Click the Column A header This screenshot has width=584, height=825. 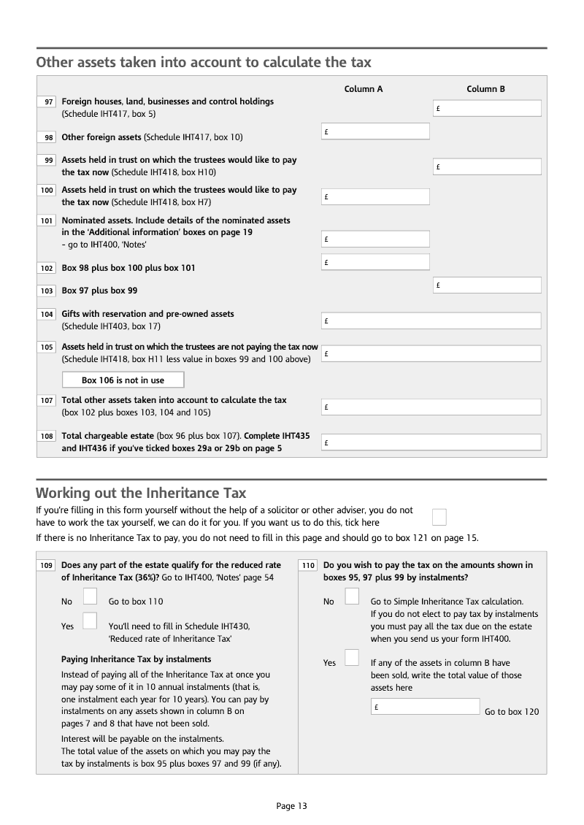pyautogui.click(x=364, y=89)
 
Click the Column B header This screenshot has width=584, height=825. pyautogui.click(x=486, y=89)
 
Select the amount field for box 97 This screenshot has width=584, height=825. pyautogui.click(x=487, y=109)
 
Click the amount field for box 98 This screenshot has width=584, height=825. pyautogui.click(x=375, y=131)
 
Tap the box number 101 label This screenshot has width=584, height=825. pyautogui.click(x=47, y=220)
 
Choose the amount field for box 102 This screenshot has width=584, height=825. pyautogui.click(x=375, y=262)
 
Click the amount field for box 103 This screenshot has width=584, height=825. pyautogui.click(x=487, y=285)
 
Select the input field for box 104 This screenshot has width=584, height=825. pyautogui.click(x=431, y=321)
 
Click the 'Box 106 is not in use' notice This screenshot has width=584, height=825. pyautogui.click(x=123, y=380)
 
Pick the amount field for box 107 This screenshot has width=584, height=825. pyautogui.click(x=431, y=407)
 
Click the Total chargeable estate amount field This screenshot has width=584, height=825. pyautogui.click(x=431, y=442)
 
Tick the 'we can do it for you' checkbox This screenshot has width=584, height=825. pyautogui.click(x=439, y=517)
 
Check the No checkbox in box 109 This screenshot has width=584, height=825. pyautogui.click(x=90, y=597)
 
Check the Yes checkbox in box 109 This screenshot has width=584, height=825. pyautogui.click(x=90, y=621)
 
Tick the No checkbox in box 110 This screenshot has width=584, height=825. pyautogui.click(x=352, y=597)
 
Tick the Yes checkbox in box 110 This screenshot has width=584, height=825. pyautogui.click(x=352, y=658)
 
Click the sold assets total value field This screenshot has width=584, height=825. pyautogui.click(x=425, y=707)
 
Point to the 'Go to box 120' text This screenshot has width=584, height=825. pyautogui.click(x=512, y=712)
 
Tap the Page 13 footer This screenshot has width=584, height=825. pyautogui.click(x=292, y=806)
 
